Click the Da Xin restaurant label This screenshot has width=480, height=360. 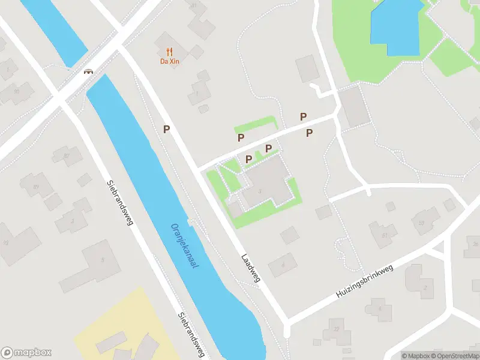pyautogui.click(x=170, y=61)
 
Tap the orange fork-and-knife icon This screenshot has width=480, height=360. pyautogui.click(x=170, y=52)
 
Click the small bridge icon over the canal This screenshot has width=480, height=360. pyautogui.click(x=89, y=71)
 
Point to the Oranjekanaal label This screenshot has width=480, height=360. pyautogui.click(x=185, y=247)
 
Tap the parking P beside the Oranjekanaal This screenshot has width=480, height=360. pyautogui.click(x=167, y=128)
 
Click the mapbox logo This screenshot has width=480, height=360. pyautogui.click(x=26, y=353)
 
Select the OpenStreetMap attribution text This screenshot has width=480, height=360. pyautogui.click(x=454, y=356)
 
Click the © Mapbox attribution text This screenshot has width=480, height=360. pyautogui.click(x=416, y=356)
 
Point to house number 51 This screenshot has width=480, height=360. pyautogui.click(x=384, y=235)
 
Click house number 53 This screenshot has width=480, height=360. pyautogui.click(x=422, y=223)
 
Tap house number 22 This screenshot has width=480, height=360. pyautogui.click(x=336, y=329)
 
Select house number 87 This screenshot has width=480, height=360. pyautogui.click(x=67, y=156)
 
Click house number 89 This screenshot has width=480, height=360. pyautogui.click(x=36, y=187)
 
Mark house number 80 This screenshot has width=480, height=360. pyautogui.click(x=16, y=91)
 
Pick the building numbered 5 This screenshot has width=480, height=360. pyautogui.click(x=102, y=260)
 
